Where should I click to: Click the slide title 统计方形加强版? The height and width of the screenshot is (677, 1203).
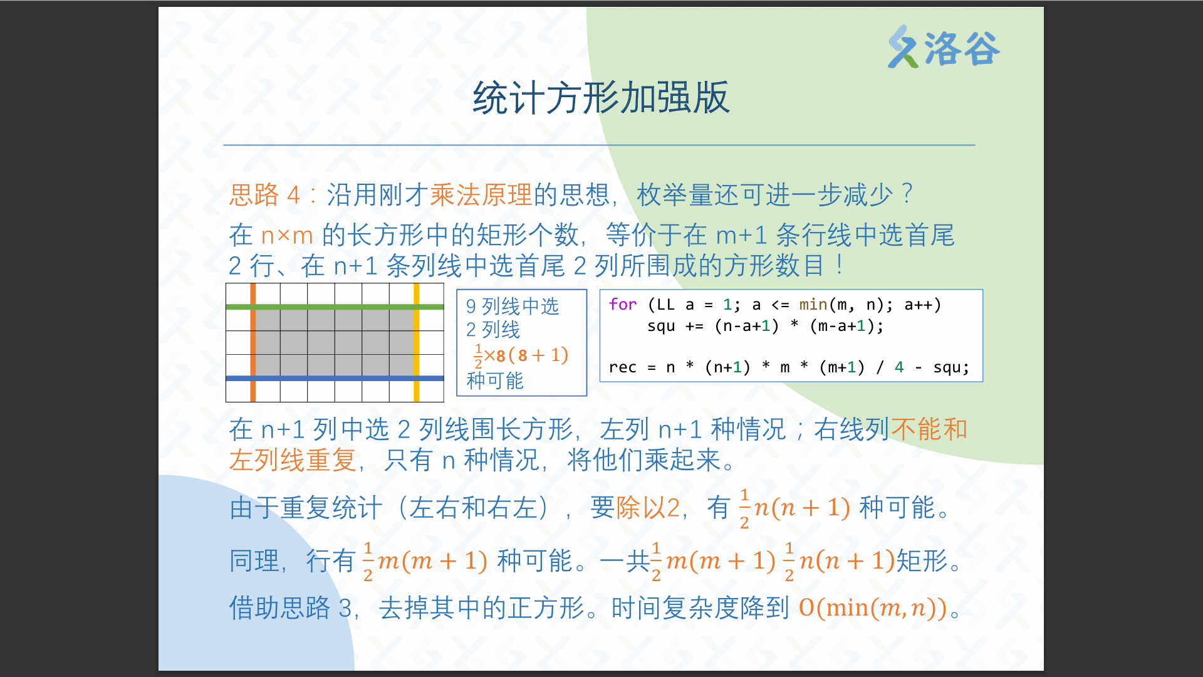click(x=601, y=98)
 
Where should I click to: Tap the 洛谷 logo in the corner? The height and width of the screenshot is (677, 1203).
click(x=944, y=47)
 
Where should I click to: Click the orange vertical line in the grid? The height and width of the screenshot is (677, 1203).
click(x=253, y=342)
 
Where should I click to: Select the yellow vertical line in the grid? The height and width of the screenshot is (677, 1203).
click(x=416, y=342)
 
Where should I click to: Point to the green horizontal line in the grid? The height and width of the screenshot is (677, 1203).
click(x=335, y=307)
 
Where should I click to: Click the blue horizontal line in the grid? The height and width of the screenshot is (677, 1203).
click(x=335, y=378)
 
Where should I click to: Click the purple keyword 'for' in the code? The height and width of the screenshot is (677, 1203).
click(x=623, y=305)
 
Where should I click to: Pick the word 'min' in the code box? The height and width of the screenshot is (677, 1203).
click(x=813, y=305)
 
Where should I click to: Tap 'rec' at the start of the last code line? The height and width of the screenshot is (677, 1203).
click(x=623, y=367)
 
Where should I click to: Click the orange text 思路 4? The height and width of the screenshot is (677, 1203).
click(x=264, y=194)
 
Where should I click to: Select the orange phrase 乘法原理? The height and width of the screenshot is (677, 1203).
click(x=481, y=194)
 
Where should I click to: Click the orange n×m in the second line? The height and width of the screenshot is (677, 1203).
click(x=287, y=236)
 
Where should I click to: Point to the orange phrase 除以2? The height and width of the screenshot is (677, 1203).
click(x=648, y=508)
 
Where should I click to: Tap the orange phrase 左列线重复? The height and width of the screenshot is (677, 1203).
click(x=293, y=460)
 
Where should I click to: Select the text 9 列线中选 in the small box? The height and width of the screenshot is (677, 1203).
click(x=513, y=307)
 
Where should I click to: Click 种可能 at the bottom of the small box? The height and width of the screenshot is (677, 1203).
click(x=495, y=380)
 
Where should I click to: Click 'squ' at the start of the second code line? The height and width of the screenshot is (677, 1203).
click(x=661, y=326)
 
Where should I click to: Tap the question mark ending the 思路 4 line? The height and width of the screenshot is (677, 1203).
click(x=907, y=194)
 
